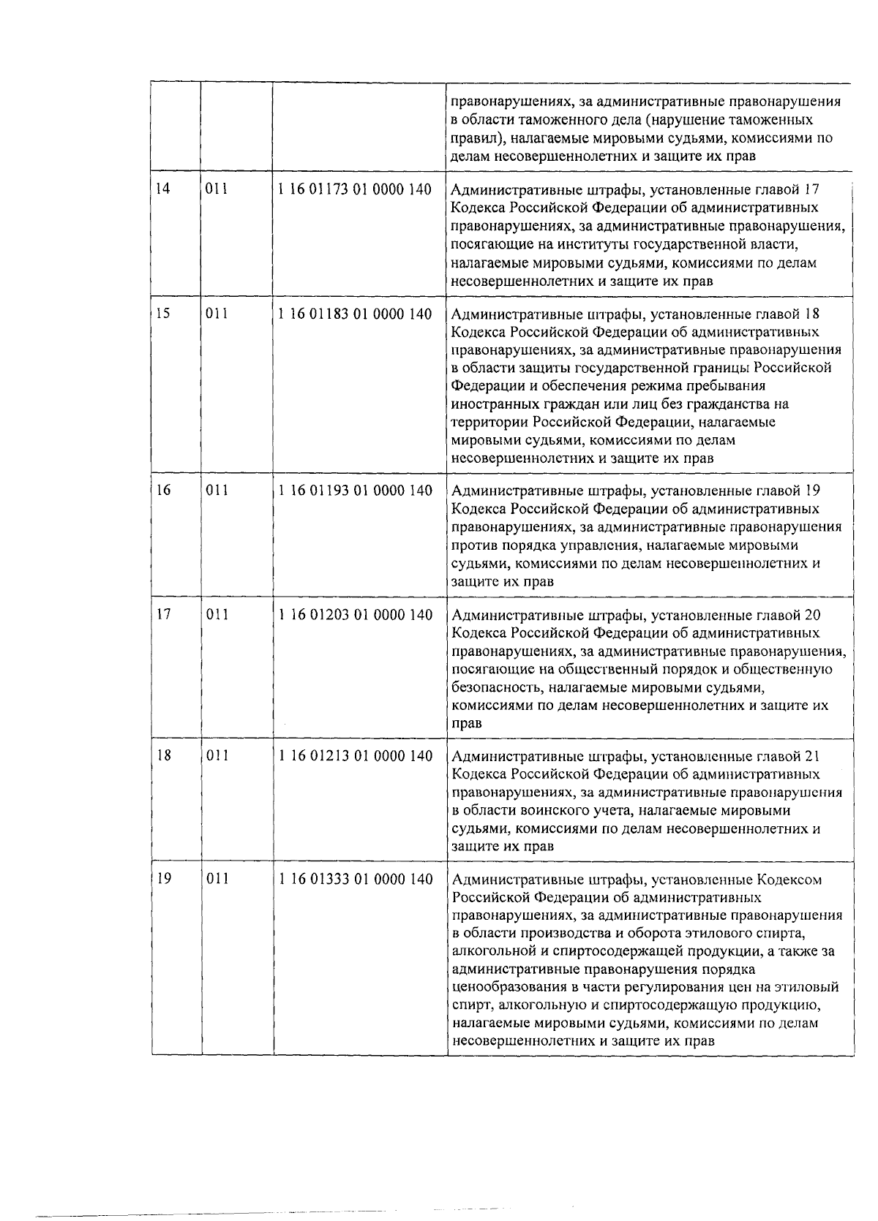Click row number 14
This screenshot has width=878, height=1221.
pyautogui.click(x=163, y=189)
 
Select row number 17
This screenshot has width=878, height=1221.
pyautogui.click(x=164, y=614)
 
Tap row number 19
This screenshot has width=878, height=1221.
pyautogui.click(x=164, y=879)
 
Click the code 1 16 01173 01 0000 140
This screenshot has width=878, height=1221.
pyautogui.click(x=355, y=189)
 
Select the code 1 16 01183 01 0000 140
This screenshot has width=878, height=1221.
pyautogui.click(x=355, y=314)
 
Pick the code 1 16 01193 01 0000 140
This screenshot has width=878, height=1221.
pyautogui.click(x=356, y=491)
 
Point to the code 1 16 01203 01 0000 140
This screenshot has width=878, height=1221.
pyautogui.click(x=356, y=615)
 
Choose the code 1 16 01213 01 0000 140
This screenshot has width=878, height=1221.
pyautogui.click(x=356, y=756)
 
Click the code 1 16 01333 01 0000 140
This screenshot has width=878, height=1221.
pyautogui.click(x=356, y=880)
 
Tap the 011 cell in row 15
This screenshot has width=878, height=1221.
pyautogui.click(x=217, y=314)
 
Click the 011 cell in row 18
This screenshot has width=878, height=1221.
pyautogui.click(x=217, y=756)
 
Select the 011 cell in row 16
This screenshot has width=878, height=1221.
pyautogui.click(x=217, y=491)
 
